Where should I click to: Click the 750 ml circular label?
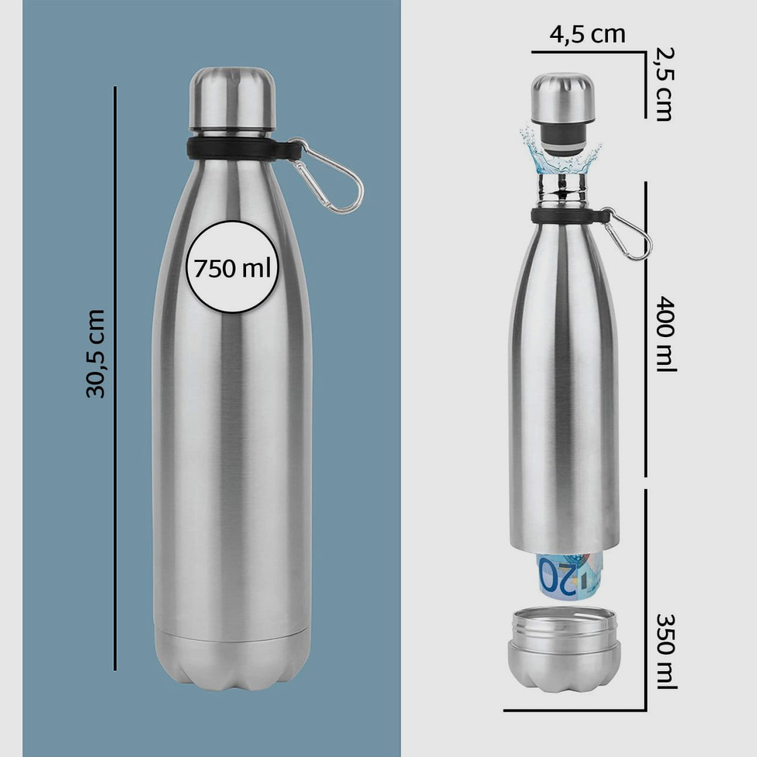[232, 268]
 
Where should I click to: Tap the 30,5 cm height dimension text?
[96, 353]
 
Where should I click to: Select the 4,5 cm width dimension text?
[587, 34]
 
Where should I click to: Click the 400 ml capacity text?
[666, 334]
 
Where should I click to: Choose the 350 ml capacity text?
[666, 651]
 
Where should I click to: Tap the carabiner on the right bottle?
[633, 235]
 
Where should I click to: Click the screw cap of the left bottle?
[232, 98]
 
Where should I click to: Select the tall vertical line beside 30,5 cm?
[115, 378]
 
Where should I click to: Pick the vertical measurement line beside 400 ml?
[645, 329]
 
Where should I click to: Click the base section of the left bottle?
[232, 659]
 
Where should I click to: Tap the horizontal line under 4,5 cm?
[587, 52]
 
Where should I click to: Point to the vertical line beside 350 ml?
[645, 597]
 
